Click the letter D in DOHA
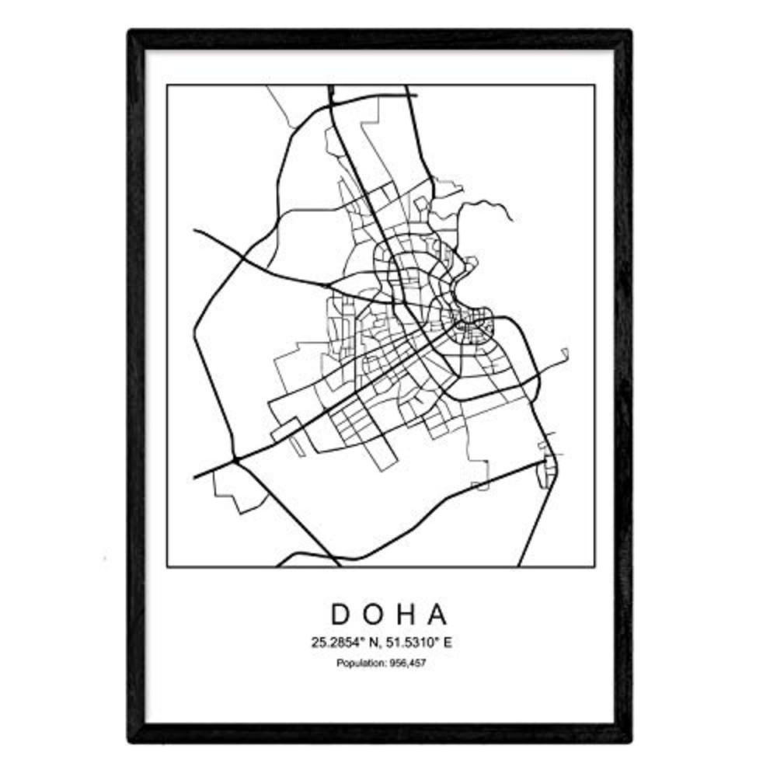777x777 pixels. click(x=342, y=614)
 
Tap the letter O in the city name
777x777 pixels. click(x=378, y=614)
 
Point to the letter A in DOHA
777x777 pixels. click(x=438, y=614)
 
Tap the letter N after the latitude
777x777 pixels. click(x=371, y=643)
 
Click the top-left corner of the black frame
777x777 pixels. click(x=131, y=33)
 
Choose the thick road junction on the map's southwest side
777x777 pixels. click(x=234, y=460)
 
